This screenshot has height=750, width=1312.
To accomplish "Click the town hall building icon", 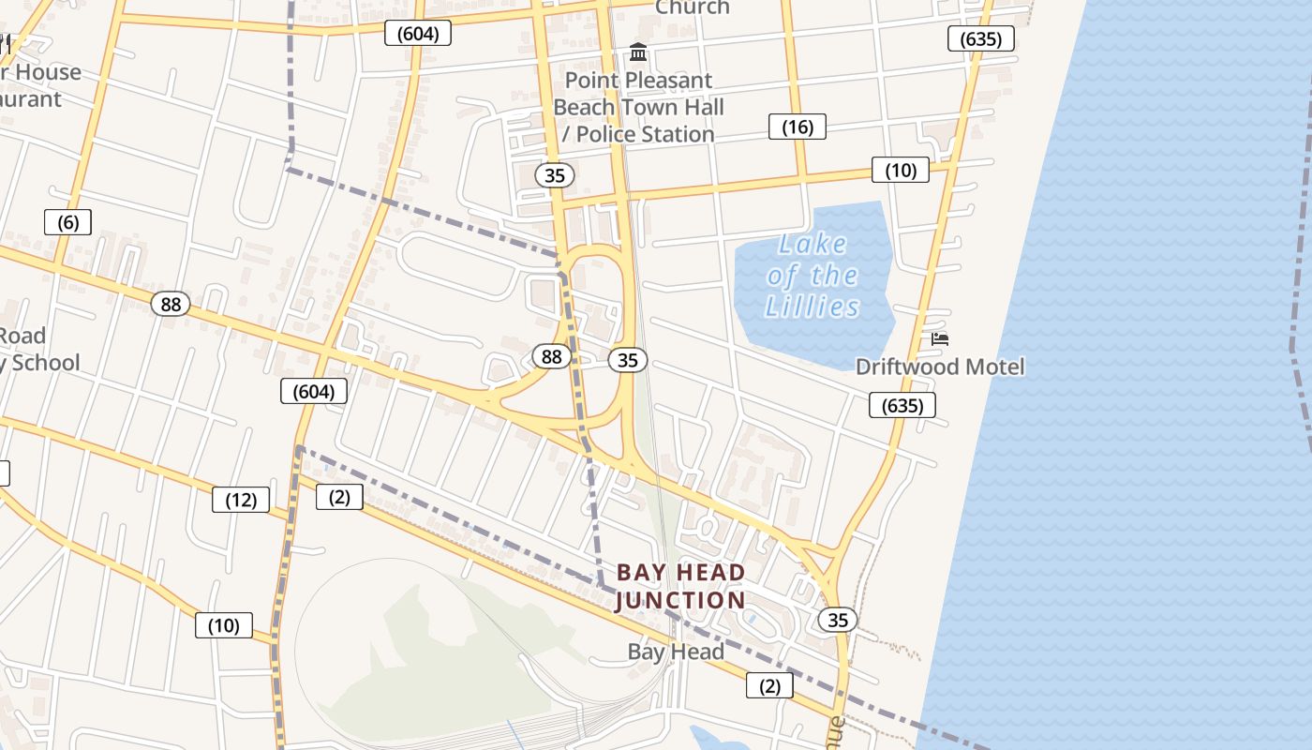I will (639, 52).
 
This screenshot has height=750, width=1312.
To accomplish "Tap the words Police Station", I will (646, 134).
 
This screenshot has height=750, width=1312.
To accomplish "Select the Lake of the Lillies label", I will (812, 276).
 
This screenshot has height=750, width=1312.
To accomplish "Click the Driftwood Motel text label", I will (940, 367).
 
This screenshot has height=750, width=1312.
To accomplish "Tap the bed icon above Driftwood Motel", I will (940, 338).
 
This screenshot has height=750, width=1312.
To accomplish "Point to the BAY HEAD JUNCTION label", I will (681, 586).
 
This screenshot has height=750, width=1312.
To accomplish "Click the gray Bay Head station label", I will (676, 652).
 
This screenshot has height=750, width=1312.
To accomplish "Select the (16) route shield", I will (798, 127).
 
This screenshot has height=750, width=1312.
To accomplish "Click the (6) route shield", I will (68, 222).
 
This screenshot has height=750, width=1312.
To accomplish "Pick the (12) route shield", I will (241, 500).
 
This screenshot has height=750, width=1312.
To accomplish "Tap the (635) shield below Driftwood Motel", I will (902, 405).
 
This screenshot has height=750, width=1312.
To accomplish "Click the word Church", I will (692, 7).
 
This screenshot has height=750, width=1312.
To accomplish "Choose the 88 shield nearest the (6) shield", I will (171, 304).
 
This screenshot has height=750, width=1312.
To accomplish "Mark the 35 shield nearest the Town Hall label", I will (555, 174).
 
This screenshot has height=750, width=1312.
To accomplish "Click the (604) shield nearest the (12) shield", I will (314, 391).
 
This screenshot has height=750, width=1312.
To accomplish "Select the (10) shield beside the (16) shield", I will (901, 170).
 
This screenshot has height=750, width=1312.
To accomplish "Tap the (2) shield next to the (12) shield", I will (339, 497).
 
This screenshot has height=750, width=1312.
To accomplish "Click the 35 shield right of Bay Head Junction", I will (838, 619).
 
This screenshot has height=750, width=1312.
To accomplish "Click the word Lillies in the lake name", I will (812, 307).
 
